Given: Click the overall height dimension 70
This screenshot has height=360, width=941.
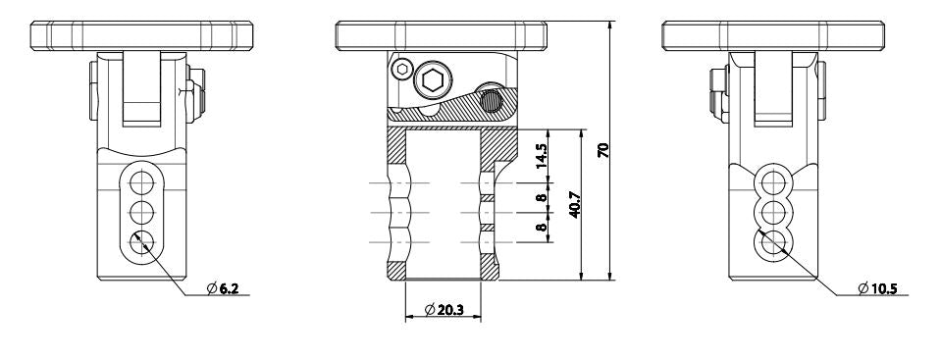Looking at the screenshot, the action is tap(604, 150).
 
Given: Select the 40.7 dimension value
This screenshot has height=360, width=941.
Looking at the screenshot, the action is tap(574, 205).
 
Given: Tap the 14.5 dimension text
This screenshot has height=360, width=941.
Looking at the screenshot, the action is tap(541, 156).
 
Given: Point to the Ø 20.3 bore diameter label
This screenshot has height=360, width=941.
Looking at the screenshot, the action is tap(444, 310).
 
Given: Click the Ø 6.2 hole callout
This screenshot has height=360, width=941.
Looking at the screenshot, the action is tap(223, 288).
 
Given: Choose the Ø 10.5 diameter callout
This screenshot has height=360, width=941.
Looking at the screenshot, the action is tap(877, 288).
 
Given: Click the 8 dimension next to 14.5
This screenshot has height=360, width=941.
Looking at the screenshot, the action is tap(541, 197).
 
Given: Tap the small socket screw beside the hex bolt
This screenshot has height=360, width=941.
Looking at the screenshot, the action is tap(401, 70).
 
